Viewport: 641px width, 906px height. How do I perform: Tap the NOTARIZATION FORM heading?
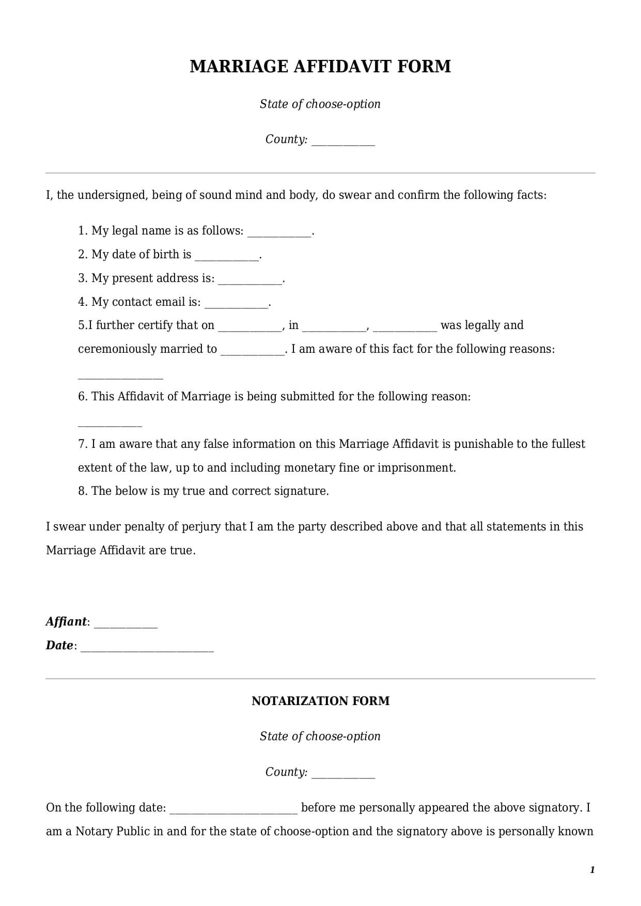pos(320,701)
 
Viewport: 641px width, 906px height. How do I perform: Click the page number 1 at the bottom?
pos(592,870)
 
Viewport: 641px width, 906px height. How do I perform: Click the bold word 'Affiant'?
pos(66,621)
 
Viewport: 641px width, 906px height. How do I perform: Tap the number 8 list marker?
pos(83,491)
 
